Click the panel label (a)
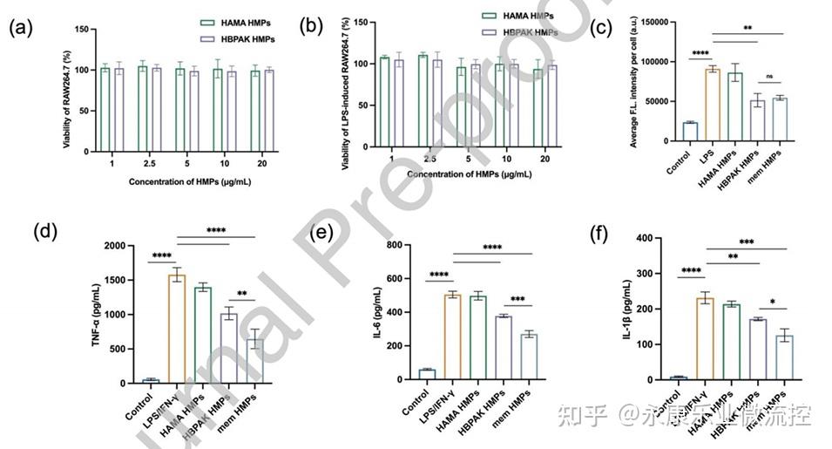pyautogui.click(x=21, y=27)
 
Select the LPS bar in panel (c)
pyautogui.click(x=713, y=105)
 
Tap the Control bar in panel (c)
pyautogui.click(x=689, y=132)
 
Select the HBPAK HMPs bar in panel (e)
pyautogui.click(x=504, y=347)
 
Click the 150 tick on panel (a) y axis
pyautogui.click(x=80, y=30)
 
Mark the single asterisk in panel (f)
pyautogui.click(x=772, y=303)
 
